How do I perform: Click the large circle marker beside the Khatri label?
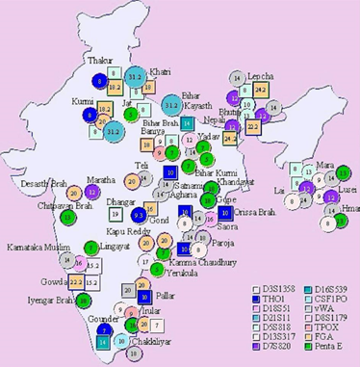pos(136,76)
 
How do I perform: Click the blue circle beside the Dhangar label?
pos(139,214)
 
